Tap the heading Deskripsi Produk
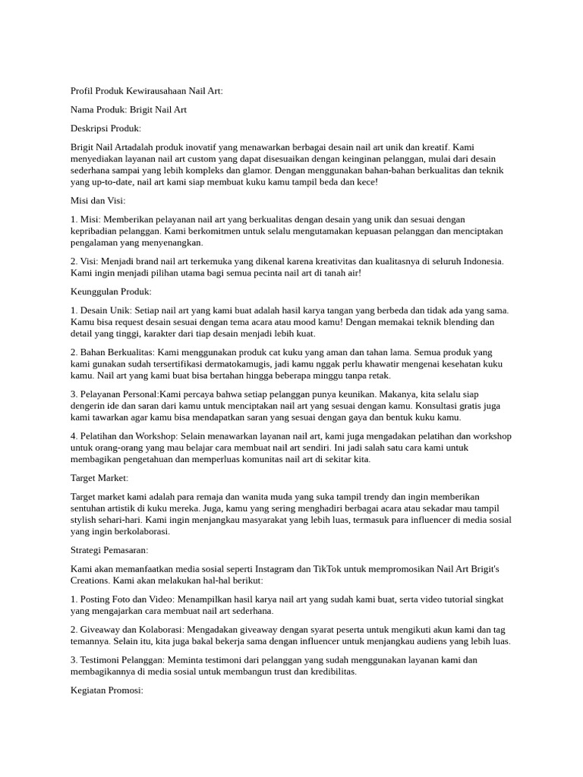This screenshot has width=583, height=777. [x=106, y=128]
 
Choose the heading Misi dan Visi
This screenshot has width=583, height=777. [x=98, y=201]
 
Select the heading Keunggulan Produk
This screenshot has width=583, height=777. [x=111, y=291]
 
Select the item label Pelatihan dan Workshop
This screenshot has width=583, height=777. [x=126, y=436]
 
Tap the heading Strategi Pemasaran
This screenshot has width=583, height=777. [x=109, y=550]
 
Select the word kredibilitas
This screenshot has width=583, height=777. [x=328, y=672]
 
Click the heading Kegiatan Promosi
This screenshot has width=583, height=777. [x=106, y=690]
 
